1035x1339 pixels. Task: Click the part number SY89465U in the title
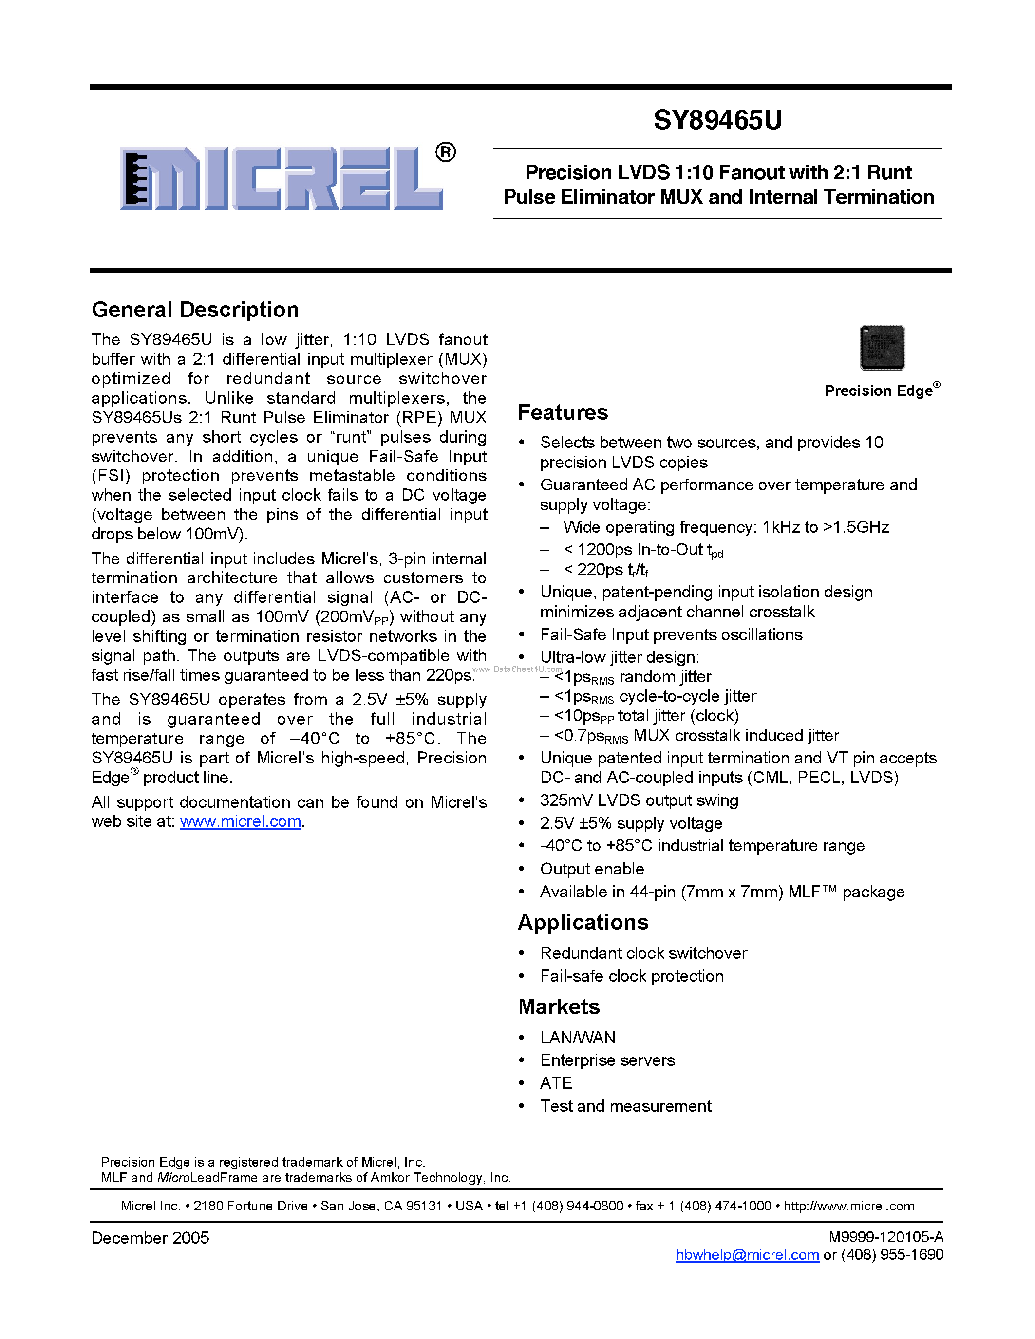717,120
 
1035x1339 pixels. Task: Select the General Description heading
195,310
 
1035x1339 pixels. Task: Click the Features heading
562,412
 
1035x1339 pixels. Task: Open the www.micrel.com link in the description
240,821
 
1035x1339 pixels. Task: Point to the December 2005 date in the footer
150,1237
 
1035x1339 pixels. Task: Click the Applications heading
583,923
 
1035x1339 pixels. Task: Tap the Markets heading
559,1007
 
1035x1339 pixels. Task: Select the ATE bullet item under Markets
556,1083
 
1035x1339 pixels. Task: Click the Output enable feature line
592,869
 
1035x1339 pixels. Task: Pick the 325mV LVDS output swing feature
639,800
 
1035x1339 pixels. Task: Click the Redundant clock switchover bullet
643,953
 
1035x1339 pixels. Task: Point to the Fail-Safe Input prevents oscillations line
671,634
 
